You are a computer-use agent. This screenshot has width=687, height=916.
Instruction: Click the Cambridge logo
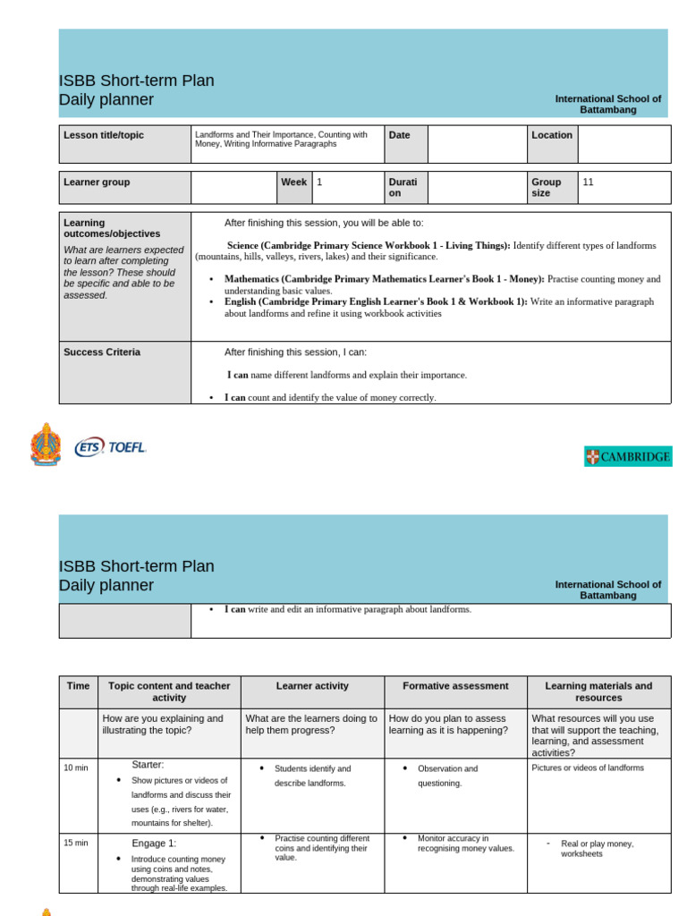tap(628, 457)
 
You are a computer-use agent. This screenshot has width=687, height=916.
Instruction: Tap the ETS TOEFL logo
tap(111, 446)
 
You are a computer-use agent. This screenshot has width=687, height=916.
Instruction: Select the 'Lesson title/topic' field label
tap(104, 135)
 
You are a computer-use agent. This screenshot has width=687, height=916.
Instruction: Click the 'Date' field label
tap(400, 135)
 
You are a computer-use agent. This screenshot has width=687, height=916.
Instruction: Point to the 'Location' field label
tap(552, 135)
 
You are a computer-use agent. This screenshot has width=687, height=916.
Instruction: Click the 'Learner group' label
tap(97, 182)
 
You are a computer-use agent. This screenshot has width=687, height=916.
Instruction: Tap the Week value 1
tap(319, 182)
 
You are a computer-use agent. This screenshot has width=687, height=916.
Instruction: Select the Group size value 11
tap(588, 182)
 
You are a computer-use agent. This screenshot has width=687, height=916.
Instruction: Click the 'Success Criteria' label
tap(102, 352)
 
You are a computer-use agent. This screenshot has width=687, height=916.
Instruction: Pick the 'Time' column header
tap(78, 686)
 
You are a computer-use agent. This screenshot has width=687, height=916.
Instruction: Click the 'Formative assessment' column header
tap(455, 686)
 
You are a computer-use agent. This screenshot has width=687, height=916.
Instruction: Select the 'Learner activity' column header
tap(312, 686)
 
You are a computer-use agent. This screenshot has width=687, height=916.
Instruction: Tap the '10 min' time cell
tap(76, 768)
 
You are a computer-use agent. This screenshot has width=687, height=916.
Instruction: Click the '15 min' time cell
tap(76, 843)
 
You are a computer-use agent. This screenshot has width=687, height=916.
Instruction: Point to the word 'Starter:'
tap(148, 765)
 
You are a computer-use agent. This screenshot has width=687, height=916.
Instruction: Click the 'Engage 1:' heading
tap(154, 843)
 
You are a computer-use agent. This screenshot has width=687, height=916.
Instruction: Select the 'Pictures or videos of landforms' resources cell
tap(588, 768)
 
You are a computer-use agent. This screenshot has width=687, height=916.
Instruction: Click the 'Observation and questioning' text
tap(447, 776)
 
